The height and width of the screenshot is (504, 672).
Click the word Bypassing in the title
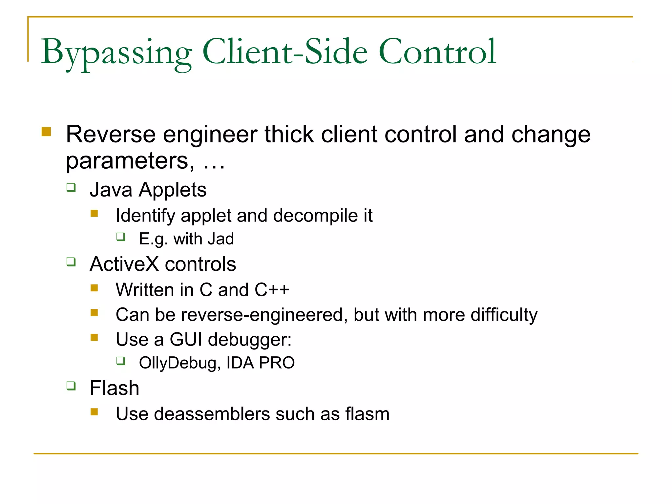click(x=116, y=52)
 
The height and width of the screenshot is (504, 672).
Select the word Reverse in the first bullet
click(x=111, y=135)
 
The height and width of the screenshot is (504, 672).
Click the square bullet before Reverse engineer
click(x=46, y=132)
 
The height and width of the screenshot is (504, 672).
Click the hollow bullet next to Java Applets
click(x=71, y=187)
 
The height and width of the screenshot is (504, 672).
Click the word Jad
click(x=220, y=239)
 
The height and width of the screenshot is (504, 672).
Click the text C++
click(x=272, y=290)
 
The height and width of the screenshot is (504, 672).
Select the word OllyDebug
click(x=178, y=363)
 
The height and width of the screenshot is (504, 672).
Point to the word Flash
click(x=115, y=388)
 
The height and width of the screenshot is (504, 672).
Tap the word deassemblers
click(x=212, y=414)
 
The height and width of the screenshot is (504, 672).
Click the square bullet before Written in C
click(x=94, y=288)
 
